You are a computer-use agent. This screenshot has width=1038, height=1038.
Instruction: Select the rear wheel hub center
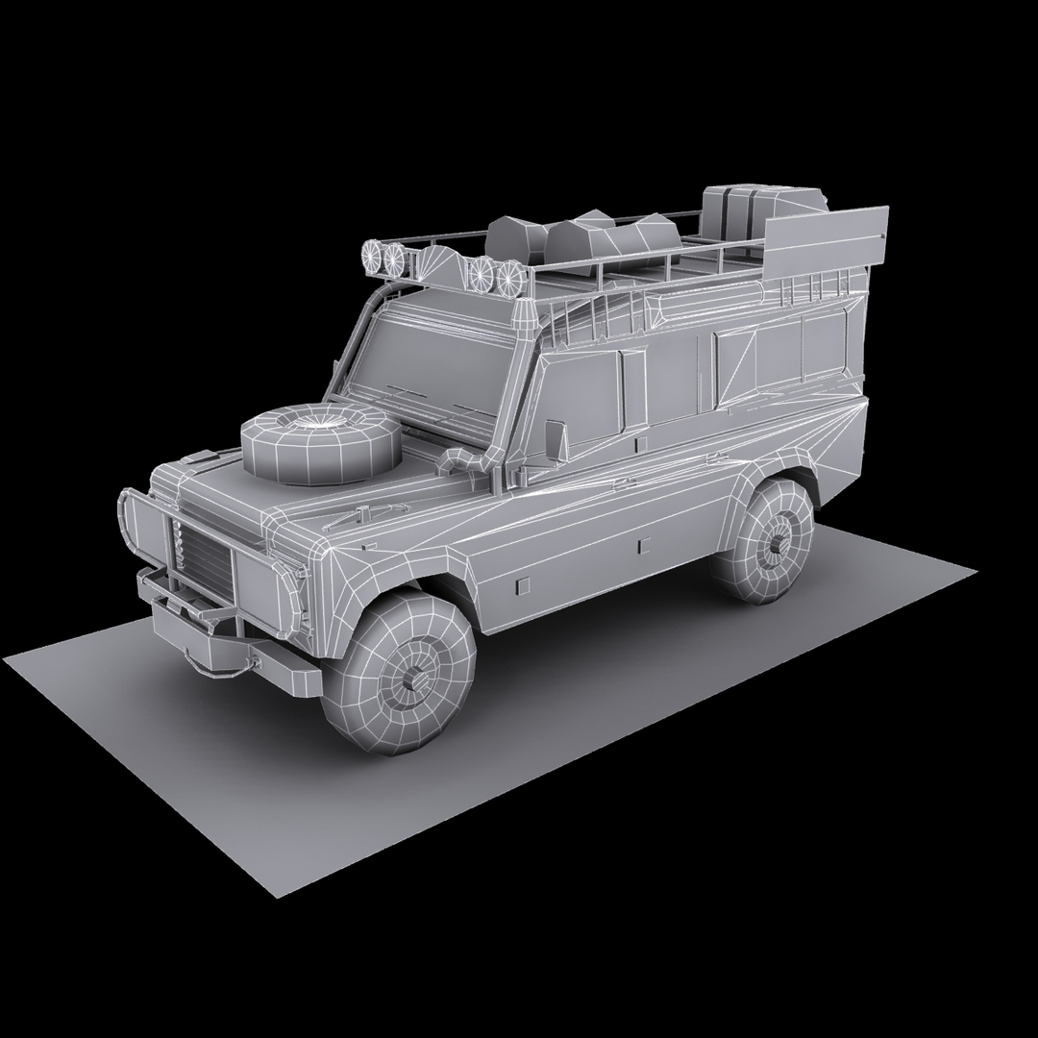(x=775, y=544)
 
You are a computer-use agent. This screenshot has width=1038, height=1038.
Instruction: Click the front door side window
(x=586, y=395)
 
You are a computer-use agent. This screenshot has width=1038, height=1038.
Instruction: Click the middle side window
(x=706, y=365)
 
